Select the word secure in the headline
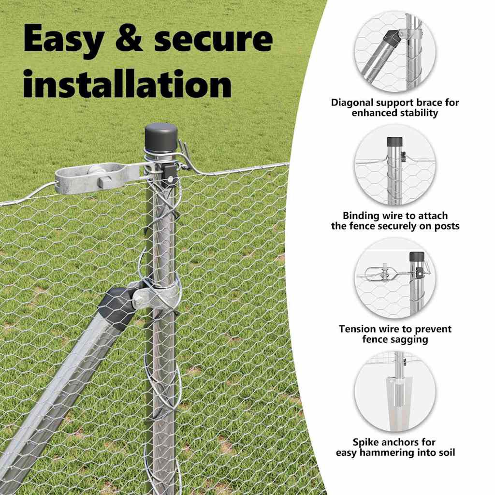(x=213, y=39)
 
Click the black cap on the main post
(x=161, y=138)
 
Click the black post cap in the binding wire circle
(x=395, y=142)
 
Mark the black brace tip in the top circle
(x=393, y=38)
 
